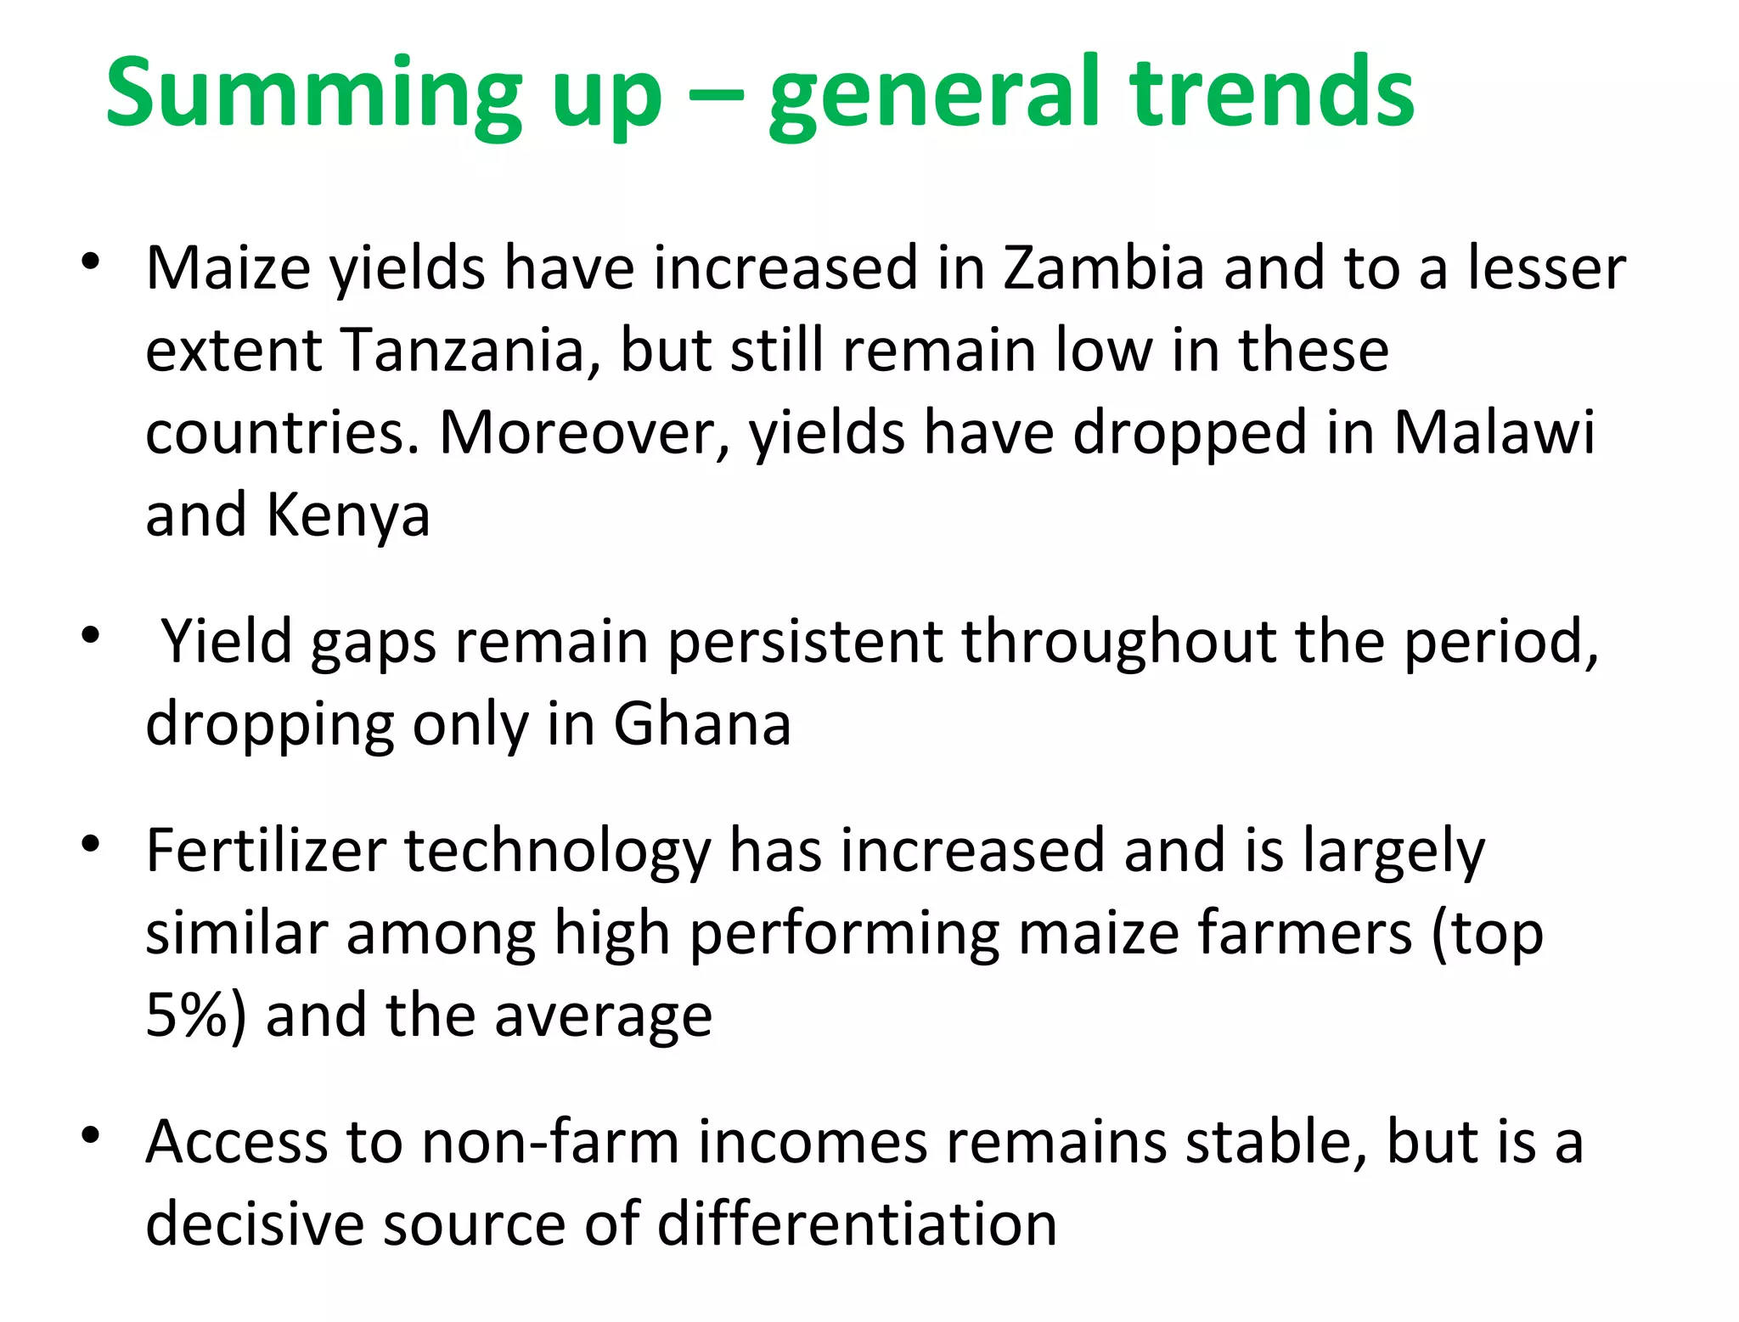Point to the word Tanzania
[x=463, y=351]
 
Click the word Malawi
[x=1494, y=433]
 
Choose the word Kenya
[x=348, y=516]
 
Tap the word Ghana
[x=702, y=724]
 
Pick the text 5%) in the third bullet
[x=195, y=1015]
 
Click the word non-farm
[x=550, y=1142]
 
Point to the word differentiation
[x=857, y=1224]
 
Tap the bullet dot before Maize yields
[x=91, y=260]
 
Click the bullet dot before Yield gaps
[x=91, y=634]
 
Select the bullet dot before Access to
[x=91, y=1134]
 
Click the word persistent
[x=804, y=641]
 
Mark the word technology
[x=557, y=851]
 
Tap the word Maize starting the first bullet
[x=228, y=268]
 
